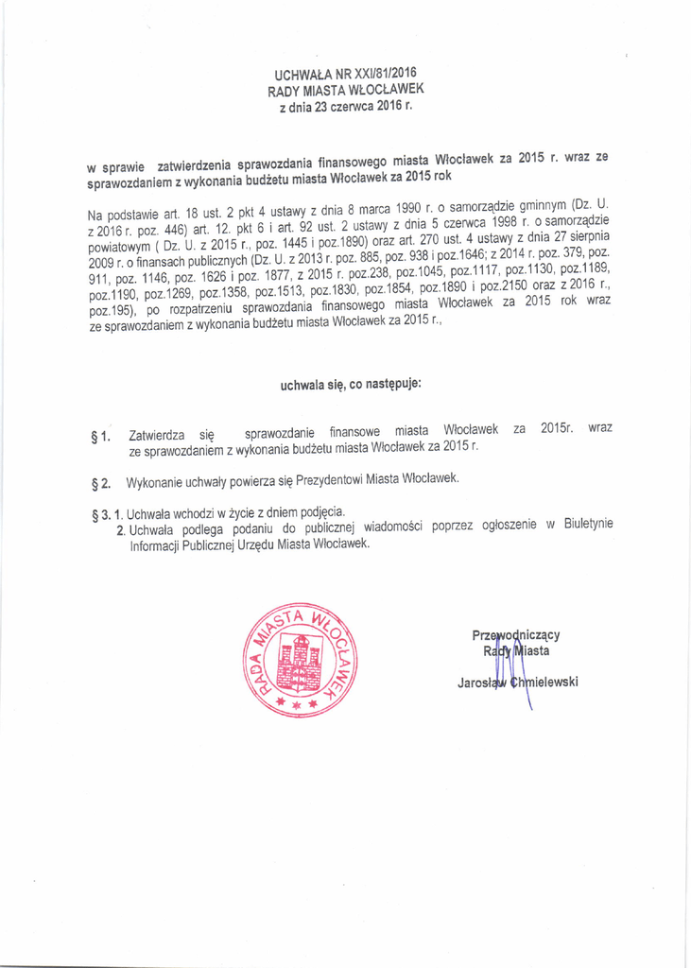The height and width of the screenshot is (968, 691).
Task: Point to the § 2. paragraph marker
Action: coord(100,484)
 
